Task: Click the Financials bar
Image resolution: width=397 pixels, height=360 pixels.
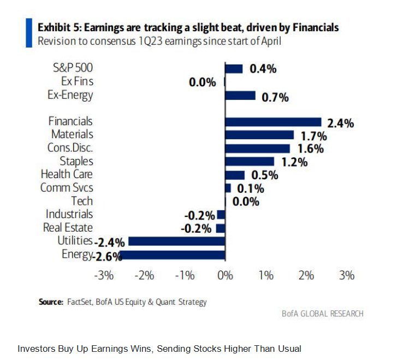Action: (x=273, y=122)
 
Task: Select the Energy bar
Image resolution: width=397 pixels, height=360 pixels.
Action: (x=173, y=255)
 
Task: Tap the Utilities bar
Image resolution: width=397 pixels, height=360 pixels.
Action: (x=176, y=241)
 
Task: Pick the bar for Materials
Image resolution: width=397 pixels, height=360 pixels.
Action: (x=259, y=135)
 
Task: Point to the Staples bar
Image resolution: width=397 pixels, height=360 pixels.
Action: (x=250, y=161)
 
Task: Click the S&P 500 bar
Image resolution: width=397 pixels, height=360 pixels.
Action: (x=234, y=69)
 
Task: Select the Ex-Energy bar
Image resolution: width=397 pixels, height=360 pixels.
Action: (x=240, y=96)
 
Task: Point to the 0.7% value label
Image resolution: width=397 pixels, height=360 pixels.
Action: (x=274, y=98)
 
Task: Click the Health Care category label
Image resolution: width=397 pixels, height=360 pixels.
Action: (x=67, y=174)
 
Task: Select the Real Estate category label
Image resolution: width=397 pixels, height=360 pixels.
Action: (x=68, y=227)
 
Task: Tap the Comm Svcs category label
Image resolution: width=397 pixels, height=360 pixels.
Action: (x=67, y=187)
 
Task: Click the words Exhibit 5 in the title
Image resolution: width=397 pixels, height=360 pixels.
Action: (x=56, y=27)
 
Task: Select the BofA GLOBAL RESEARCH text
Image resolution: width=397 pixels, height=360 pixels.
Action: (x=322, y=314)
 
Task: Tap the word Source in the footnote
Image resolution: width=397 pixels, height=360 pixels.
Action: (x=51, y=302)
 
